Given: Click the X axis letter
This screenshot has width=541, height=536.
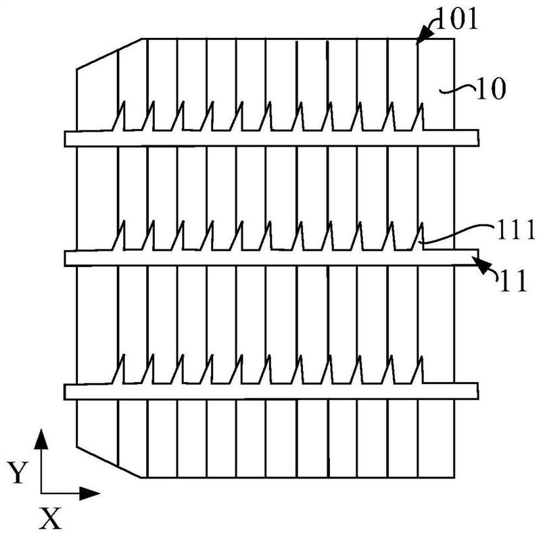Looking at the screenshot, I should point(51,519).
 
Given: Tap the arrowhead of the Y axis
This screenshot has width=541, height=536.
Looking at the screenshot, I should point(42,438).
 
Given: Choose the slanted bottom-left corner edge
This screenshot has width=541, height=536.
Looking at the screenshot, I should point(110,462).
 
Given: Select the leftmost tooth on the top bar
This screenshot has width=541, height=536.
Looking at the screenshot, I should point(122,116).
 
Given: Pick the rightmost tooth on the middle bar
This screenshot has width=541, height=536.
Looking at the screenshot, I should point(420,236).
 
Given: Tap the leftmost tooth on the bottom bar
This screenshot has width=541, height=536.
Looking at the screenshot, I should point(122,369).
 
